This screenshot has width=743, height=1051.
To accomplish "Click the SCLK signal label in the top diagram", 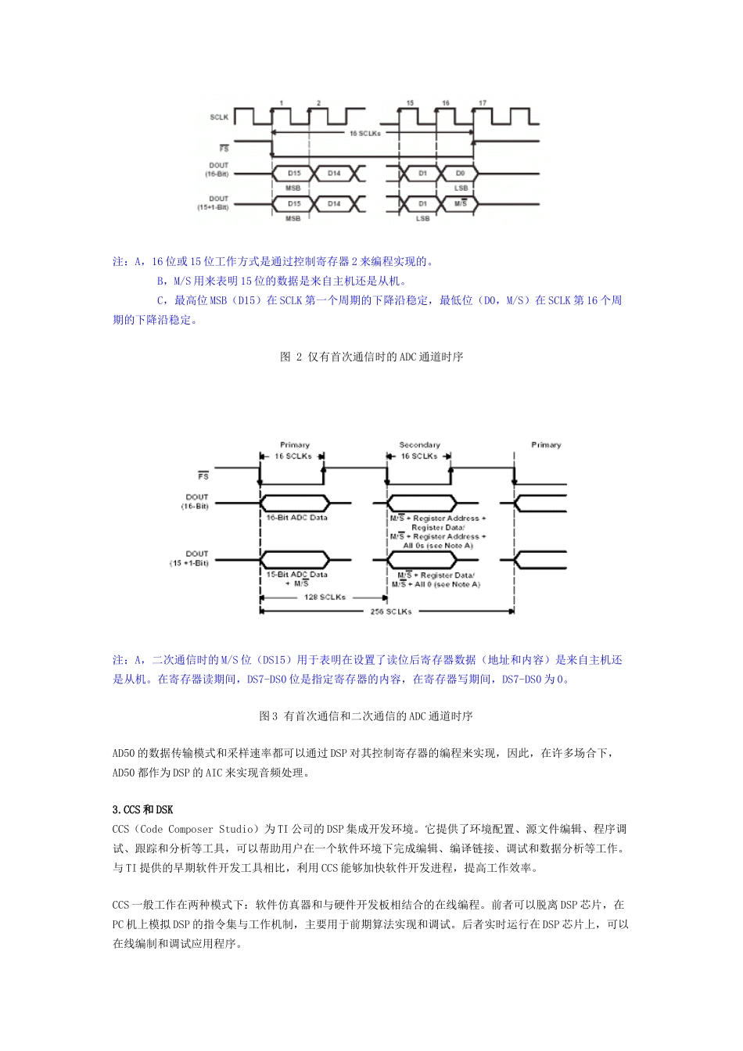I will coord(219,117).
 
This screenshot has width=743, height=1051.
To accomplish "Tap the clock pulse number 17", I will coord(483,103).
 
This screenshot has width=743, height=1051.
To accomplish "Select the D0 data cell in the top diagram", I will coord(460,173).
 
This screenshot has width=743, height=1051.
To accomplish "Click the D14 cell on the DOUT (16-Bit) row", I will coord(334,173).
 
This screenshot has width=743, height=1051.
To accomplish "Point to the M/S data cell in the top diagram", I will coord(460,204).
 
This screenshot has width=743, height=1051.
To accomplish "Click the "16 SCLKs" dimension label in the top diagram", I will coord(364,134).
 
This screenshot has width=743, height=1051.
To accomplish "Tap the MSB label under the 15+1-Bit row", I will coord(293,219).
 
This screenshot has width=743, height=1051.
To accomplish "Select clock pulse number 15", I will coord(410,103).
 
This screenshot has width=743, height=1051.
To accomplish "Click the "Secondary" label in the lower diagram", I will coord(420,445).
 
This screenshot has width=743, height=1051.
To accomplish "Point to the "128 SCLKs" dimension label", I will coord(325,597).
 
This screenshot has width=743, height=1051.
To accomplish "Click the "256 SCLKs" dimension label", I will coord(391,612).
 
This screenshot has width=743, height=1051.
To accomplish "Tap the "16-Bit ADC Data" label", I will coord(296,518).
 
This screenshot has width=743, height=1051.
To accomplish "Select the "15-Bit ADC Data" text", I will coord(296,575).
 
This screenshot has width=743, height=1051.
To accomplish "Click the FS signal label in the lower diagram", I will coord(203,476).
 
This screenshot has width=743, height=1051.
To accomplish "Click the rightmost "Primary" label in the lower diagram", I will coord(546,445).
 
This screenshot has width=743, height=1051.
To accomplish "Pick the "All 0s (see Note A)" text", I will coord(438,546).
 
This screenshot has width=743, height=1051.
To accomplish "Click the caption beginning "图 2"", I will coord(371,357).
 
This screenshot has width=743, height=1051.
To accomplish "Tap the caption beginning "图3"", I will coord(365,716).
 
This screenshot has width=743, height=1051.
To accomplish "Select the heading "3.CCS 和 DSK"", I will coord(143,810).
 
